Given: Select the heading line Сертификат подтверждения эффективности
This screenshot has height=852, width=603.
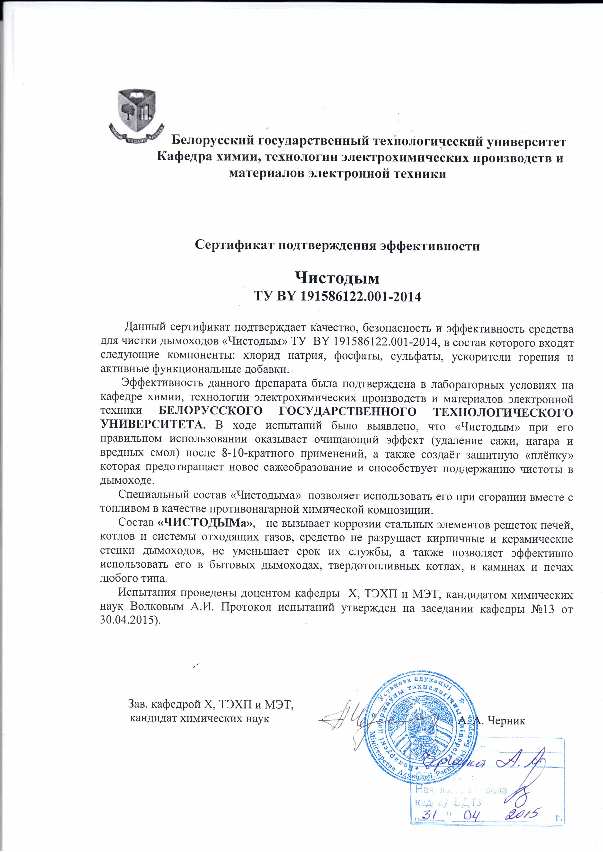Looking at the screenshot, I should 337,246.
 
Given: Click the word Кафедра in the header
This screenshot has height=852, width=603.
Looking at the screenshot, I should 182,158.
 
